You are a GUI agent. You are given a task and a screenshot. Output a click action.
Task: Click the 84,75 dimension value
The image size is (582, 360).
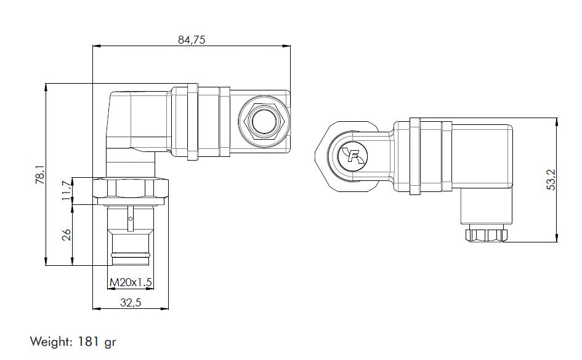[191, 39]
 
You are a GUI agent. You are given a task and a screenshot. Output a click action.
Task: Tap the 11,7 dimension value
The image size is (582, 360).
[66, 191]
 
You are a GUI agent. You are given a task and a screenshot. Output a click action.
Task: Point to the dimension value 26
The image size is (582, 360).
[67, 234]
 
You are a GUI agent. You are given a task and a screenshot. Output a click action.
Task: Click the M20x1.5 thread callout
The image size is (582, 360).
[130, 282]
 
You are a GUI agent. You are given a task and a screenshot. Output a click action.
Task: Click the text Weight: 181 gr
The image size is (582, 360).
[73, 340]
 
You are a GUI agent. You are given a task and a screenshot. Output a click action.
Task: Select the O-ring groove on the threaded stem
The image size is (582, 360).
[130, 254]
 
